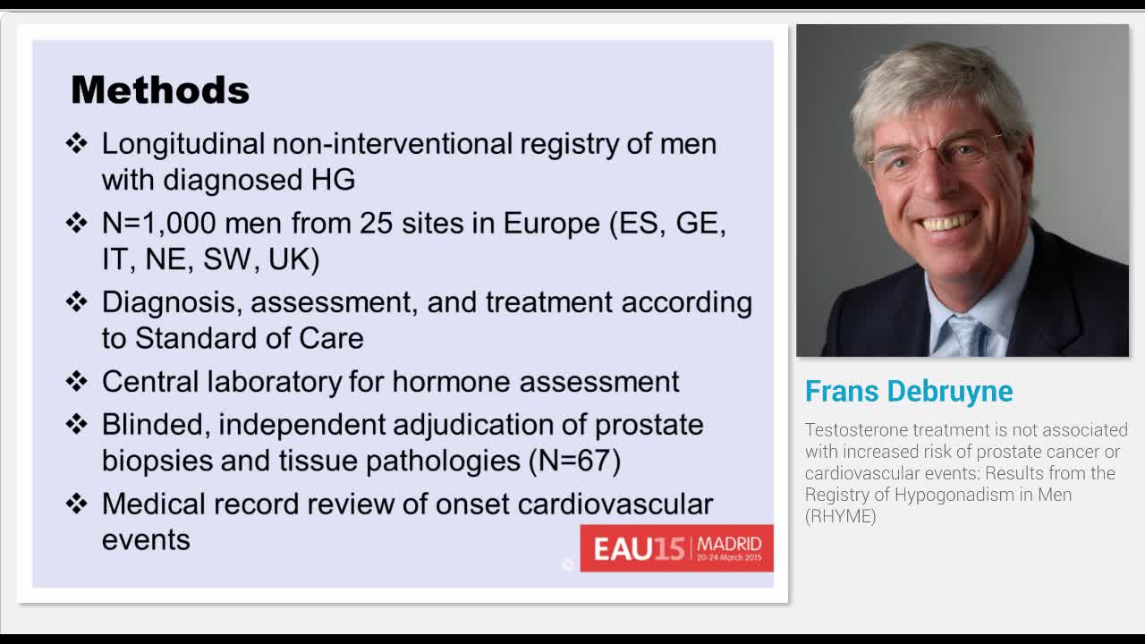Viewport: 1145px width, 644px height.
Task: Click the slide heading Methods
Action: point(159,90)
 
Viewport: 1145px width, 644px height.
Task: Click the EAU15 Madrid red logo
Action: point(676,547)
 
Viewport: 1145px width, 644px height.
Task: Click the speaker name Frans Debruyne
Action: point(909,391)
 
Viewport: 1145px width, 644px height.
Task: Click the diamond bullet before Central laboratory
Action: point(77,382)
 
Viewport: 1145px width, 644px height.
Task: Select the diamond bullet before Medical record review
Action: point(77,504)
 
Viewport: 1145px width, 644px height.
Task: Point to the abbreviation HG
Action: point(333,180)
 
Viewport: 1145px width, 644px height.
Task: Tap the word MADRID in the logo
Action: point(729,543)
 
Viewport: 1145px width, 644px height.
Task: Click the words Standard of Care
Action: point(249,338)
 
